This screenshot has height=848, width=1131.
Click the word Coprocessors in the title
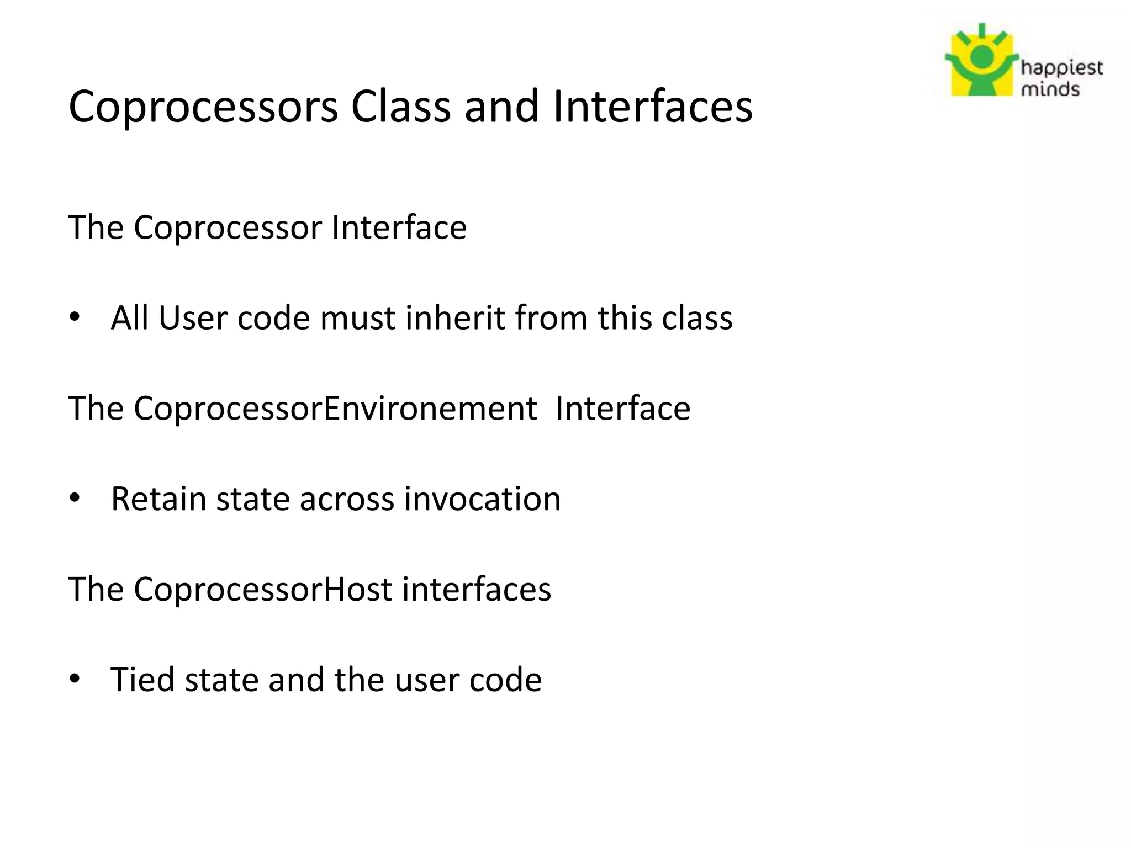pyautogui.click(x=203, y=107)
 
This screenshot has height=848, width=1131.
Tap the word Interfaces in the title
pyautogui.click(x=652, y=106)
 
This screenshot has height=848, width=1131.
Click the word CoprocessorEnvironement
pyautogui.click(x=335, y=409)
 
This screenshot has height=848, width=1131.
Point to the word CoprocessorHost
pyautogui.click(x=262, y=589)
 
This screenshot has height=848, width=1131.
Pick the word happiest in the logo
pyautogui.click(x=1061, y=69)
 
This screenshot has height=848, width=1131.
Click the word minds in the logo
pyautogui.click(x=1050, y=89)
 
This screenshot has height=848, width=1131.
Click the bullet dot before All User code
pyautogui.click(x=75, y=317)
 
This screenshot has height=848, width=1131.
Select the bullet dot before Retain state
pyautogui.click(x=75, y=499)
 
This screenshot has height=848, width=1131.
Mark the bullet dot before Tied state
pyautogui.click(x=75, y=679)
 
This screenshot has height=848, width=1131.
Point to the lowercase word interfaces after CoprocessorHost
pyautogui.click(x=476, y=589)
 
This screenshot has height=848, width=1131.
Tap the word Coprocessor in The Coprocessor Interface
pyautogui.click(x=228, y=227)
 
